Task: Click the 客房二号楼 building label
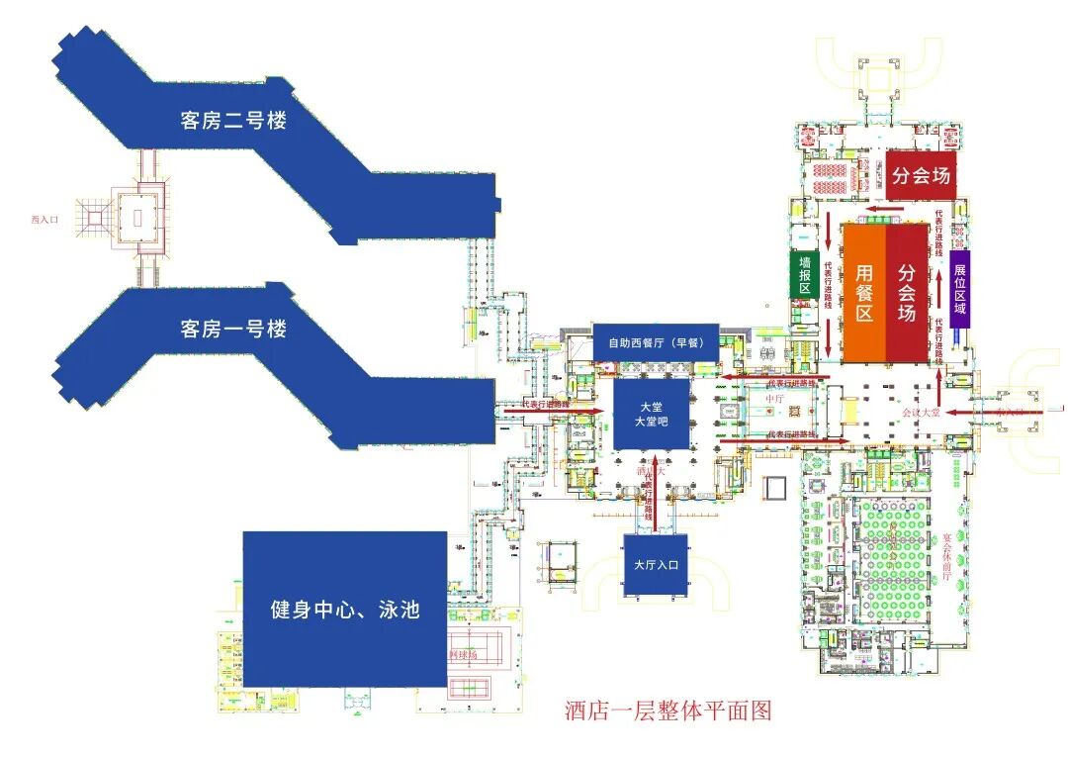(x=233, y=121)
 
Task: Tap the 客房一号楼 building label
(x=233, y=329)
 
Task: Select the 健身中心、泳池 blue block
(x=345, y=609)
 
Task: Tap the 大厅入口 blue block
(x=656, y=565)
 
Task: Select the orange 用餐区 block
(x=863, y=293)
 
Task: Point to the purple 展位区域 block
(x=959, y=288)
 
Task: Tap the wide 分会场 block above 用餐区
(x=921, y=175)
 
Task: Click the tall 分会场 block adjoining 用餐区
(x=907, y=293)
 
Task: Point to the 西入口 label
(x=45, y=220)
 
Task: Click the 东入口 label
(x=1010, y=410)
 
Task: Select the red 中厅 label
(x=774, y=400)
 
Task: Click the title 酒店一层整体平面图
(x=667, y=710)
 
